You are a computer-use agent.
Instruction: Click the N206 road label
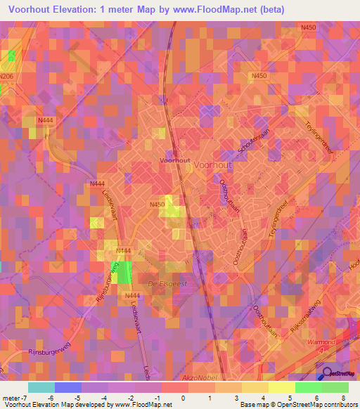[x=6, y=75]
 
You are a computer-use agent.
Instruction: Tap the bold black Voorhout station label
[x=175, y=161]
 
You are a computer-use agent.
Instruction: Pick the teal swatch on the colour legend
[x=41, y=387]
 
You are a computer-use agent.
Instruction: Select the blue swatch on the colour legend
[x=67, y=387]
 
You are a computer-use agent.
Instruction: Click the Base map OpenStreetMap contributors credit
[x=297, y=405]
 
